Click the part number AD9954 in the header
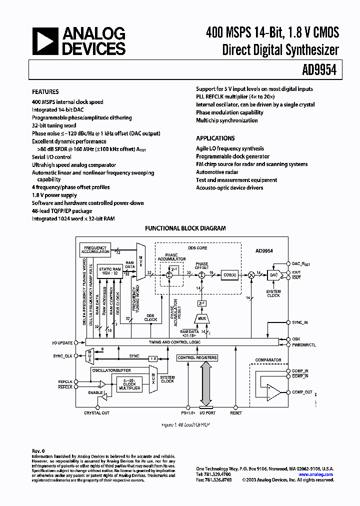321,71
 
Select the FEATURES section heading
45,92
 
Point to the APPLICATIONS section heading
215,138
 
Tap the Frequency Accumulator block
95,249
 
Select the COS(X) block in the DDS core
230,274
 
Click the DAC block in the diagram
273,274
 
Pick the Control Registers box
197,358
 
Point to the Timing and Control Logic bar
182,342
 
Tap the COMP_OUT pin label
302,392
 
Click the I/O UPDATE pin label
62,342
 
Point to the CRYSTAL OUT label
96,413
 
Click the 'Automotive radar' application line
217,172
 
